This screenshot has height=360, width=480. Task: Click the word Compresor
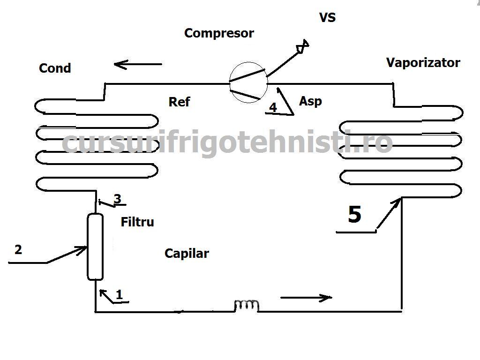(219, 33)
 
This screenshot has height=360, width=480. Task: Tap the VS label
(328, 18)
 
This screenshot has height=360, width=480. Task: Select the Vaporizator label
(423, 63)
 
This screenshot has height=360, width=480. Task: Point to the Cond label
(55, 68)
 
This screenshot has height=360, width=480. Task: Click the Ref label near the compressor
(180, 102)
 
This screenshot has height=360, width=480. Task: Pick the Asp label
(310, 101)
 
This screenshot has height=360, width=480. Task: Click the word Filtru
(137, 222)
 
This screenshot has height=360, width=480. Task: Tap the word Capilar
(187, 254)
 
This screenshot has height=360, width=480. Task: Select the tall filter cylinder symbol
(95, 247)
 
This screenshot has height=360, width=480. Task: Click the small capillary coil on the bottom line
(247, 306)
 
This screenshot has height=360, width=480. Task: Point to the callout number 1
(119, 295)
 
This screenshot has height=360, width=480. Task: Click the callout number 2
(18, 249)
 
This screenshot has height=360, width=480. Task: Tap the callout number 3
(117, 199)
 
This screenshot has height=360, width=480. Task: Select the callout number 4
(273, 107)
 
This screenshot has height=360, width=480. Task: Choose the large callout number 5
(354, 215)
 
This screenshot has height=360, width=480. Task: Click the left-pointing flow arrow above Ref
(138, 64)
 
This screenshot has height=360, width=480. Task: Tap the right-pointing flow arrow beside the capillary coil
(306, 297)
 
